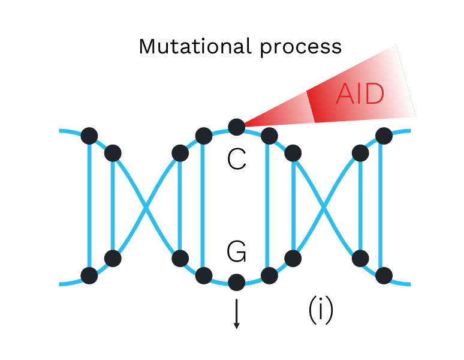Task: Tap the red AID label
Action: click(360, 95)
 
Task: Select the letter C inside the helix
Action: click(237, 159)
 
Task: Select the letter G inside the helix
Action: click(237, 253)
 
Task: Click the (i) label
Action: click(321, 310)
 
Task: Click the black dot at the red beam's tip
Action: click(236, 127)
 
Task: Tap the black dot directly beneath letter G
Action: click(236, 281)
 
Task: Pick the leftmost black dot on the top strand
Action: click(89, 136)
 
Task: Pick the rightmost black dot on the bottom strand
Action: click(384, 275)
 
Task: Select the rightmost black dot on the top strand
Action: click(384, 136)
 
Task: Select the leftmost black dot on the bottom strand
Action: click(89, 275)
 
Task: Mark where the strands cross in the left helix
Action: click(146, 206)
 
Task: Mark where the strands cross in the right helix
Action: click(326, 206)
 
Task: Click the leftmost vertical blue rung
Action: click(89, 206)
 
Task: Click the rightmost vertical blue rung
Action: click(384, 206)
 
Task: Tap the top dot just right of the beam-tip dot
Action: click(269, 136)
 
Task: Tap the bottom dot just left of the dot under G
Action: click(203, 275)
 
